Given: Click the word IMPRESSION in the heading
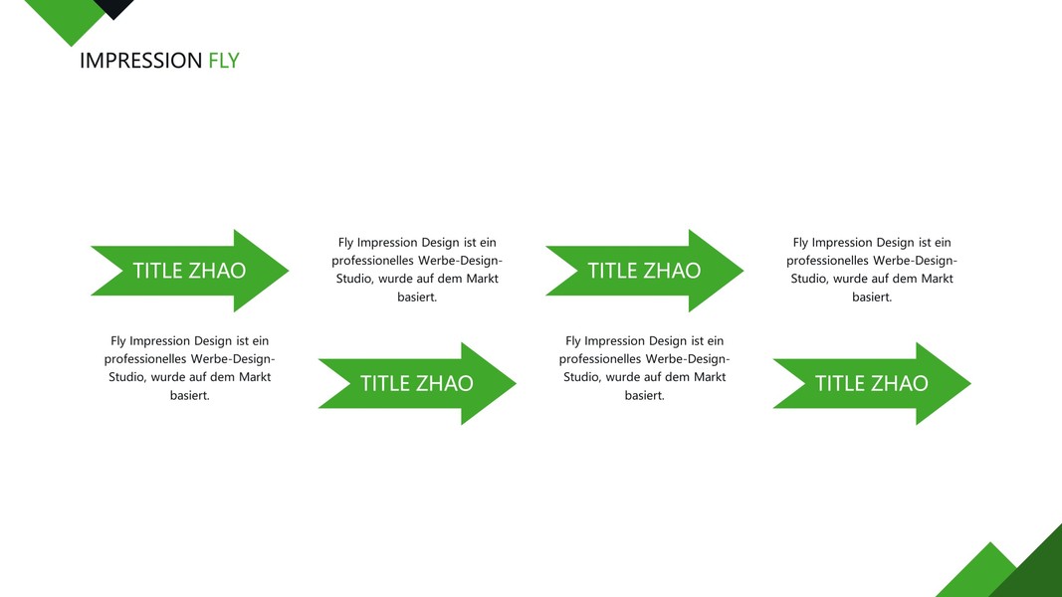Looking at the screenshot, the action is pyautogui.click(x=140, y=61).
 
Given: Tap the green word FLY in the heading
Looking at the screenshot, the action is pyautogui.click(x=224, y=61).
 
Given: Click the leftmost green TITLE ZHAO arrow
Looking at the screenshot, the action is pyautogui.click(x=189, y=271).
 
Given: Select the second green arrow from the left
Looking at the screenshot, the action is pyautogui.click(x=416, y=383).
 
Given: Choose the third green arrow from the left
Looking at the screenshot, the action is pyautogui.click(x=644, y=271).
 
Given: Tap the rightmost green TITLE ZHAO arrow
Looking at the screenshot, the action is pyautogui.click(x=871, y=383).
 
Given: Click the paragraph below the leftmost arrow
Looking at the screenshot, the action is pyautogui.click(x=189, y=368).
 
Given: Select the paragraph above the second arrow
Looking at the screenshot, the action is pyautogui.click(x=417, y=270).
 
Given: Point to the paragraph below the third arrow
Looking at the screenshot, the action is pyautogui.click(x=644, y=368).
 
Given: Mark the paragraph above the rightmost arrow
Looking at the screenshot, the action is pyautogui.click(x=872, y=270).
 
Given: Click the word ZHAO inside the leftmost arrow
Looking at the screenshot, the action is pyautogui.click(x=217, y=271).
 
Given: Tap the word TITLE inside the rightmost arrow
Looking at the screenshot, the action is pyautogui.click(x=839, y=383).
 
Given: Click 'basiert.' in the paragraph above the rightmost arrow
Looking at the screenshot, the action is pyautogui.click(x=872, y=297).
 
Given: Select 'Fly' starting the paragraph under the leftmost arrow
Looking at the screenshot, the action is pyautogui.click(x=119, y=341).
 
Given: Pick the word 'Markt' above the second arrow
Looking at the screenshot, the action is pyautogui.click(x=481, y=279).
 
